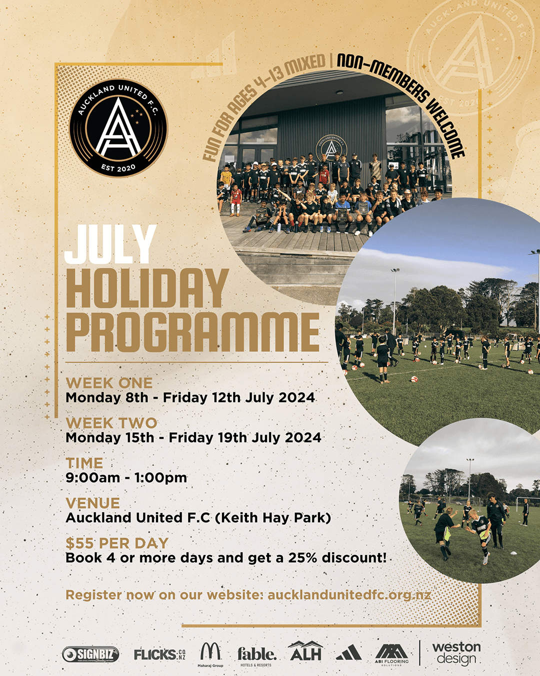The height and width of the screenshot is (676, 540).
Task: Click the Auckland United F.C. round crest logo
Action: pos(118,128)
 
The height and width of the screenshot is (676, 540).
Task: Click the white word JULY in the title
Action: pos(110,244)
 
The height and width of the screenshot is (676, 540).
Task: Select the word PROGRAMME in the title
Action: pos(192,332)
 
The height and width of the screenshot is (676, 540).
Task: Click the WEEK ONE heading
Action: pos(109,383)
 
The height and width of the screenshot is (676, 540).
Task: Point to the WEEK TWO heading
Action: pos(111,423)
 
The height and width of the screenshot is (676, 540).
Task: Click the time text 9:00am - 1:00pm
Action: pos(126,478)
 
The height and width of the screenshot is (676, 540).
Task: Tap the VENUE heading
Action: pos(93,503)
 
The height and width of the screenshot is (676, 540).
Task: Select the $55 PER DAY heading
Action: pos(117,543)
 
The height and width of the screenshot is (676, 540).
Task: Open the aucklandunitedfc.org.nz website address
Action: pos(349,595)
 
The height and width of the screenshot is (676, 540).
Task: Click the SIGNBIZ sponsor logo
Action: pos(90,654)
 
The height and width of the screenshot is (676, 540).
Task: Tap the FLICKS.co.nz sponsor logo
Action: pos(159,654)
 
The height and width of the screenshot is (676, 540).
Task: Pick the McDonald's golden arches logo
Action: pos(210,652)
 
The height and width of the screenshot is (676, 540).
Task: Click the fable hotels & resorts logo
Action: pos(256,654)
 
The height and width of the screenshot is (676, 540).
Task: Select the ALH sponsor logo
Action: pos(305,652)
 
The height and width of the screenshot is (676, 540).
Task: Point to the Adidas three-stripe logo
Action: pos(348,652)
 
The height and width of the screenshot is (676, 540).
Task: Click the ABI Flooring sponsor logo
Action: pos(392,653)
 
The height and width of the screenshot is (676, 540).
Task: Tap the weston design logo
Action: pos(456,653)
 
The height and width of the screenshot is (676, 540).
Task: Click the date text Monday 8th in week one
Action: pos(107,398)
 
